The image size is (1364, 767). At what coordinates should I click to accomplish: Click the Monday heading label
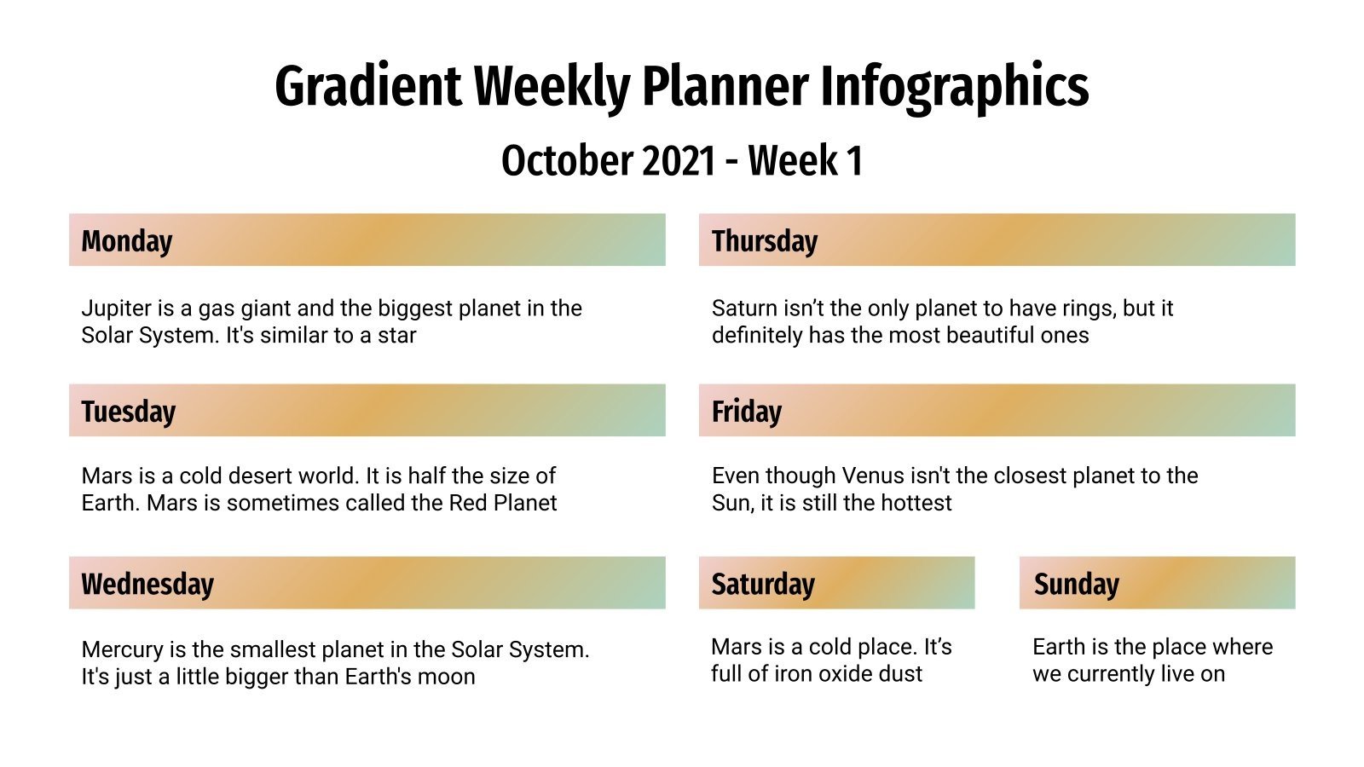coord(126,241)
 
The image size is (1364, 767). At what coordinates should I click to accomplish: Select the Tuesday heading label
coord(128,412)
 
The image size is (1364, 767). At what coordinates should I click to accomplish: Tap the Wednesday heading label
coord(147,585)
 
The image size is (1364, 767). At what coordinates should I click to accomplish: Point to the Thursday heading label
coord(764,241)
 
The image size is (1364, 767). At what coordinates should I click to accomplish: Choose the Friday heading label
coord(746,412)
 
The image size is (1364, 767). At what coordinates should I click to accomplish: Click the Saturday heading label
coord(762,585)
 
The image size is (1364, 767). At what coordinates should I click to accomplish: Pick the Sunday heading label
coord(1076,585)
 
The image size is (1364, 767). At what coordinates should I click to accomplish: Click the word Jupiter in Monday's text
coord(113,309)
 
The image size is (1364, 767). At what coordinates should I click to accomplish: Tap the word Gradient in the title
coord(367,87)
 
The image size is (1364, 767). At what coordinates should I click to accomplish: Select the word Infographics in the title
coord(954,87)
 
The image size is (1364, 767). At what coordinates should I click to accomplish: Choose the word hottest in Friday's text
coord(915,503)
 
